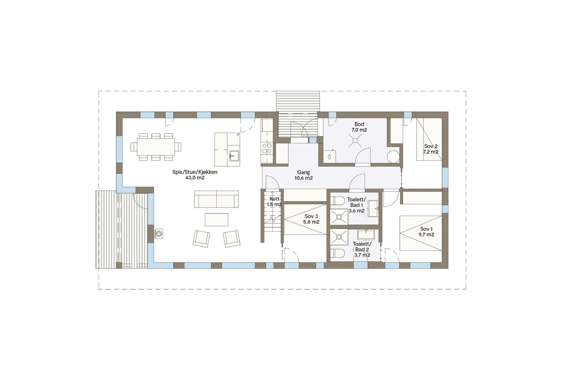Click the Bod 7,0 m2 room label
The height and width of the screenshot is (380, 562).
pos(359,127)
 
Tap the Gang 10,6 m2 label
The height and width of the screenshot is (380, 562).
pos(303,175)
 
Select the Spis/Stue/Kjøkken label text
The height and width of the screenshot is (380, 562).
pos(195,175)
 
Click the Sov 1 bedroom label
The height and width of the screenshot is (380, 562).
pos(427,232)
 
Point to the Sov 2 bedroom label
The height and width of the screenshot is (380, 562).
pos(431,149)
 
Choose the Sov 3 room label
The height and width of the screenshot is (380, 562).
pos(311,219)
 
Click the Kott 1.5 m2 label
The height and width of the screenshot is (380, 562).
pos(274,202)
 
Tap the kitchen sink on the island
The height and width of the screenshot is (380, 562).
pos(234,155)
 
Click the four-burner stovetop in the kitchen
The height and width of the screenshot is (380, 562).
pos(267,148)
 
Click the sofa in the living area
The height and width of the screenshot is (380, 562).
pos(216,199)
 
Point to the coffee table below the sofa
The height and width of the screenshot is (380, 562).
pos(216,220)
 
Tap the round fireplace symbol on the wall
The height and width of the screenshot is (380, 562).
pos(159,233)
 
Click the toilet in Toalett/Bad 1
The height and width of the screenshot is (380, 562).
pos(338,201)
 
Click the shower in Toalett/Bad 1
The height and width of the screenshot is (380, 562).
pos(339,217)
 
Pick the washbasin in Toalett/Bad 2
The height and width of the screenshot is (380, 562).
pos(366,234)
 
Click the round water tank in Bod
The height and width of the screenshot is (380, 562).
pos(393,157)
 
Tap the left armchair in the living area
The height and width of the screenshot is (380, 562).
pos(201,239)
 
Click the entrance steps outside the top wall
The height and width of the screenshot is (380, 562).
pos(298,101)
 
